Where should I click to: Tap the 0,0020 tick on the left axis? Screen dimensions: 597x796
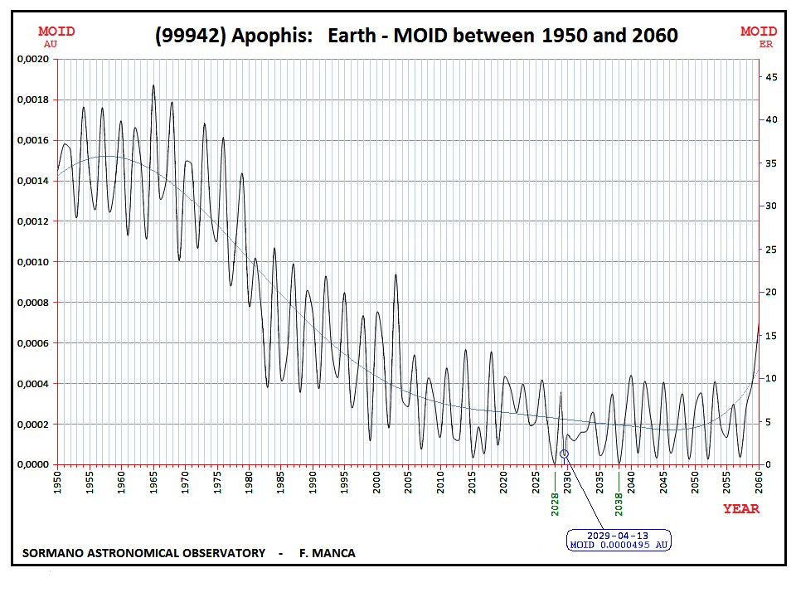(x=33, y=60)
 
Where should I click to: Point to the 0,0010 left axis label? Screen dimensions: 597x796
(x=33, y=262)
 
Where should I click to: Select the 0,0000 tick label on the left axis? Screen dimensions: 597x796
(x=33, y=465)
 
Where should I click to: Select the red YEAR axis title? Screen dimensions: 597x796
(x=741, y=509)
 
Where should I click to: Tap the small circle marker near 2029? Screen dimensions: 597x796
(x=565, y=454)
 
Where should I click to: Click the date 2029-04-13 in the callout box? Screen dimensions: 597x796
(x=619, y=535)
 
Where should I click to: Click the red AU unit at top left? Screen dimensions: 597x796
(x=51, y=43)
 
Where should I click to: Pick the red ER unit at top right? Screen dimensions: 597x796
(x=765, y=43)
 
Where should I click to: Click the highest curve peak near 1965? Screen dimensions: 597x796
(x=153, y=85)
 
